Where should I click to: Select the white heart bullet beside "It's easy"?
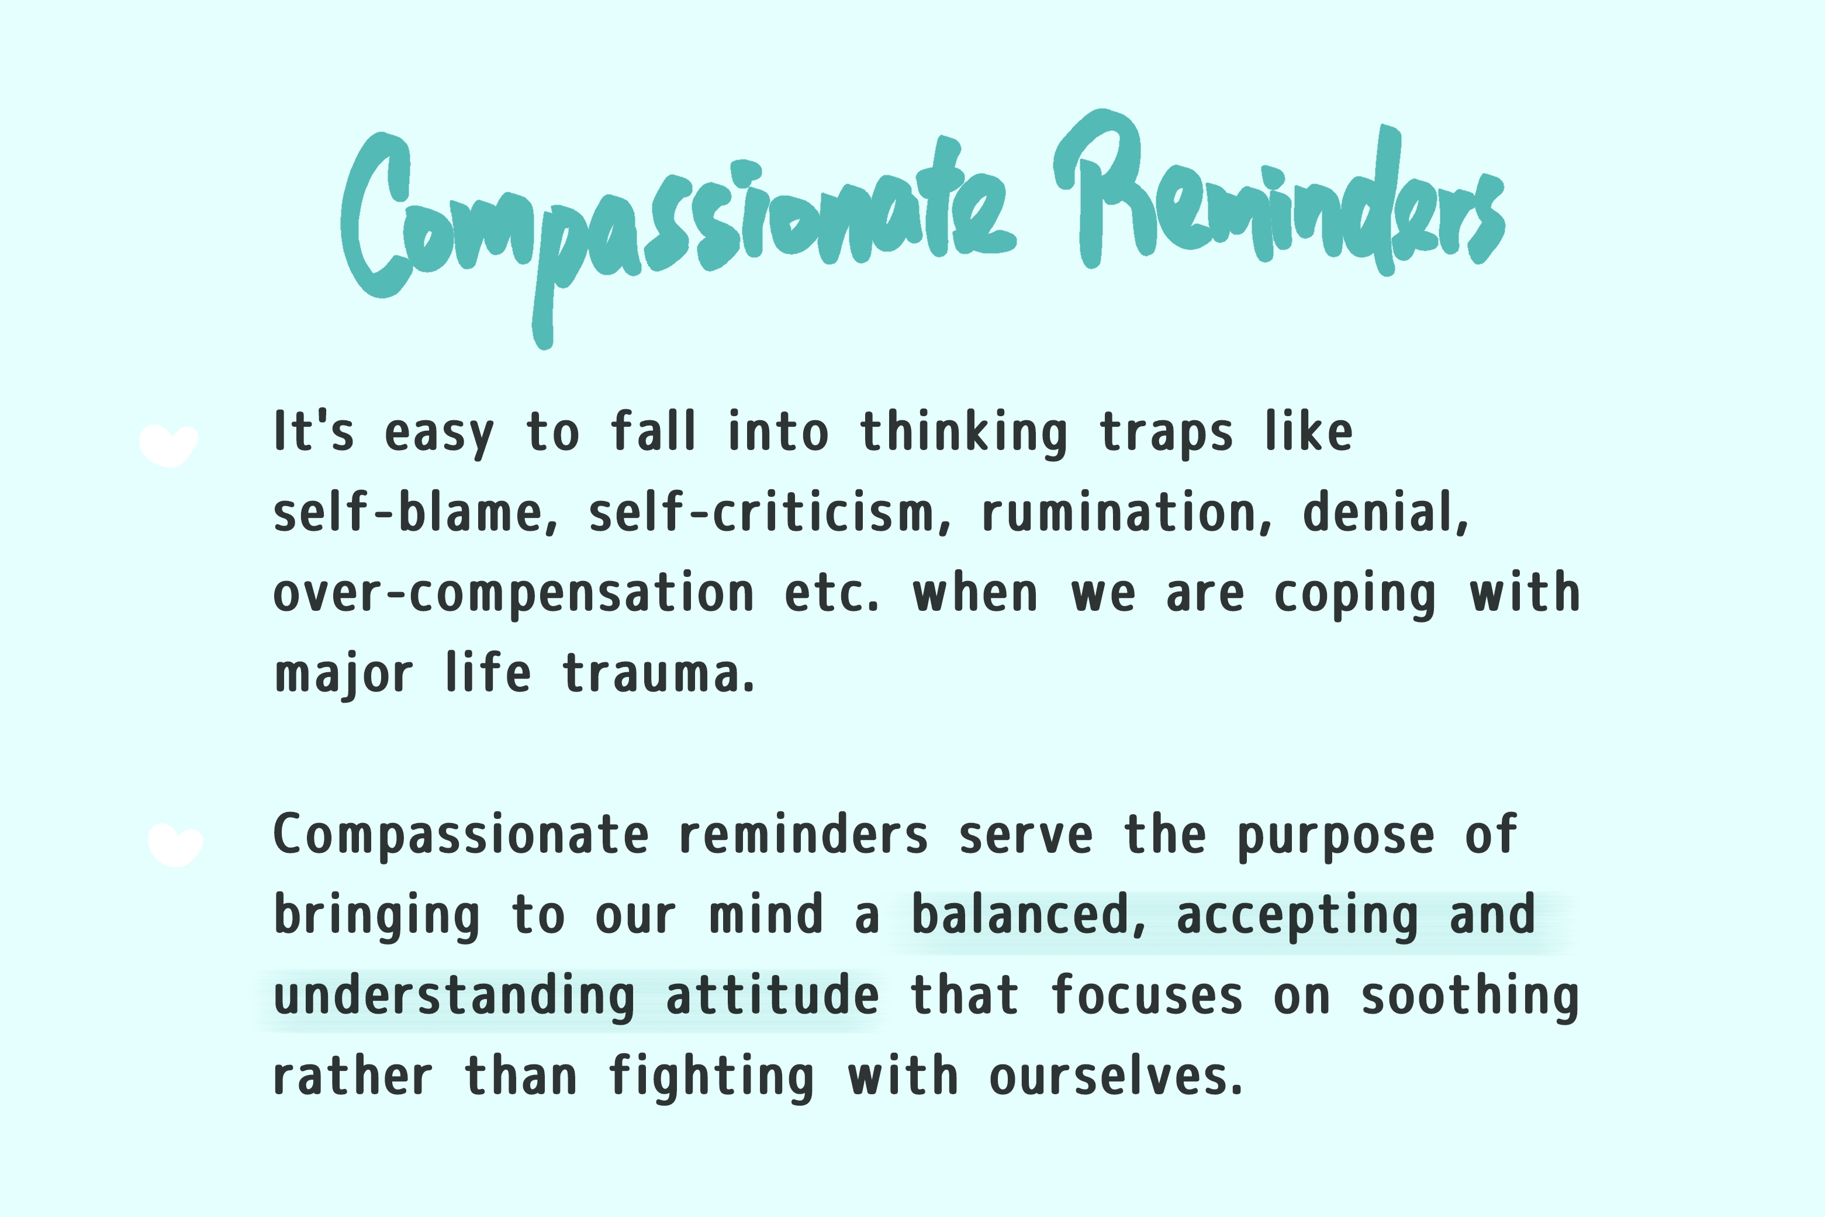(x=168, y=445)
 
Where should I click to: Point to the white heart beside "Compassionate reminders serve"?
(x=175, y=845)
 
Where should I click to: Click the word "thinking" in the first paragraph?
(x=963, y=433)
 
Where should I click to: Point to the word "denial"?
(x=1385, y=512)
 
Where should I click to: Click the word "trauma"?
(x=658, y=674)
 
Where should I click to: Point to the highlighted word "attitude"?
(x=772, y=996)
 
